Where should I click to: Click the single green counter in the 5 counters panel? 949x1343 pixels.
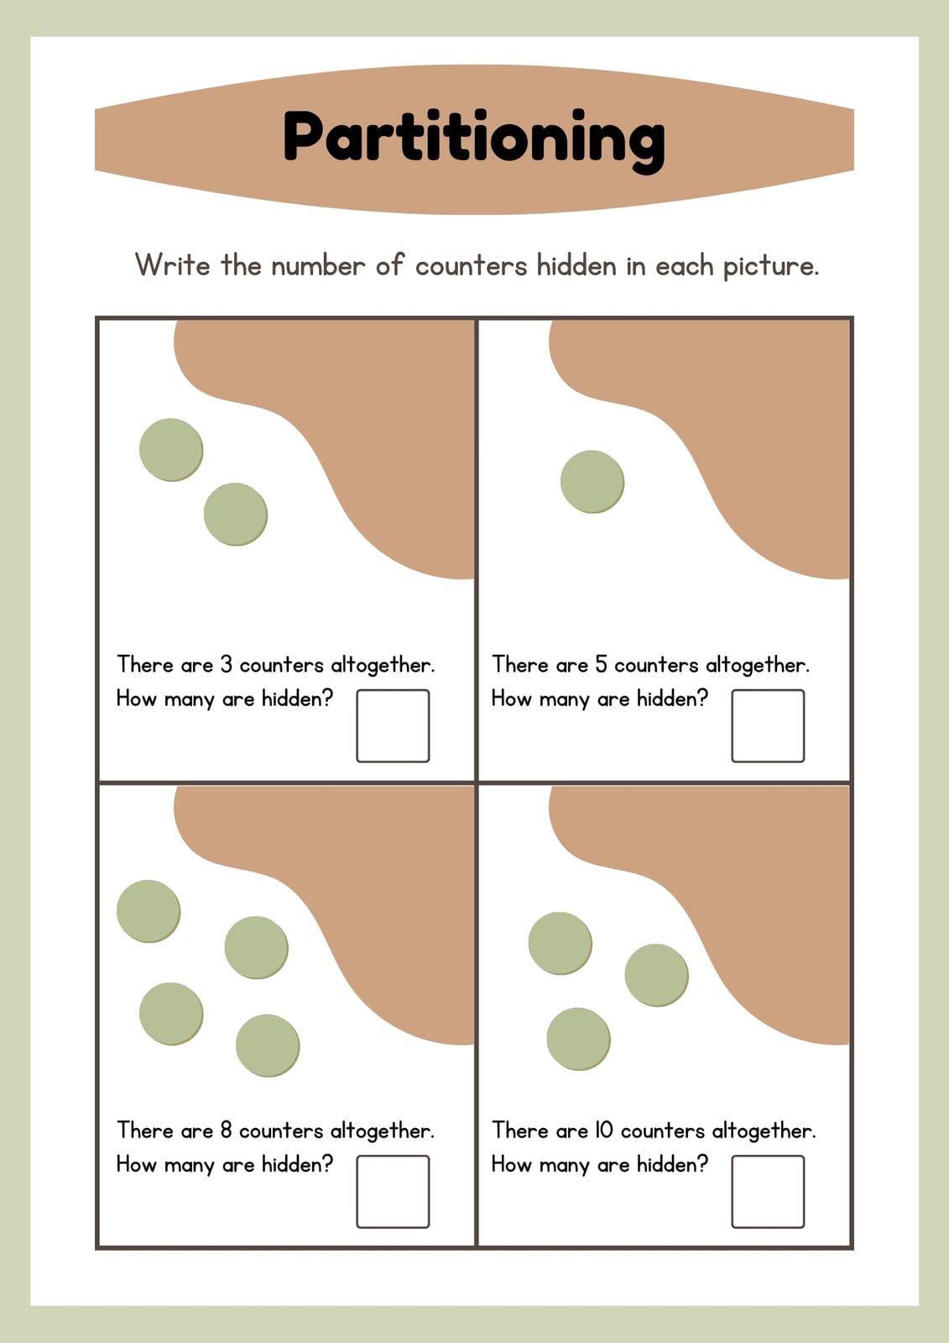point(592,482)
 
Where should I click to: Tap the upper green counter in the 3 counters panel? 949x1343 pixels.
point(171,450)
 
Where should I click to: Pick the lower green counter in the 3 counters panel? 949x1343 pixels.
point(236,515)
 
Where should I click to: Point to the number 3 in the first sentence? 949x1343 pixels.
point(226,664)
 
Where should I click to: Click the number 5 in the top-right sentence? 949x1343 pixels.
point(602,664)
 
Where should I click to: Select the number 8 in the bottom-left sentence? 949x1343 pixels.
point(226,1130)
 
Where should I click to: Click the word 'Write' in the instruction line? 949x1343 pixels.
point(173,264)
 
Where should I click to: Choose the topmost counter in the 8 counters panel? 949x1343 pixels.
point(149,911)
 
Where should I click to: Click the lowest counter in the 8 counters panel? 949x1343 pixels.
point(268,1045)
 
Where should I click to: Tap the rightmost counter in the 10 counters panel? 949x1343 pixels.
point(656,975)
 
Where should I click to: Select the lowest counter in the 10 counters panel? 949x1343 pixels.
point(578,1039)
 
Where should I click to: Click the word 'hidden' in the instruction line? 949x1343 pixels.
point(576,264)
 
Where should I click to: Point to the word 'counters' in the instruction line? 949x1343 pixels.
point(471,266)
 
